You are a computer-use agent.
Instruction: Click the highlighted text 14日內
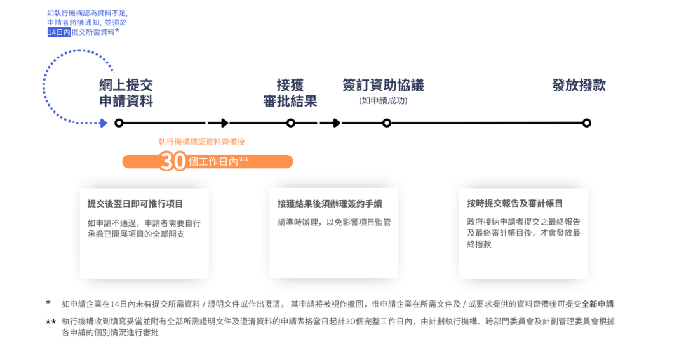58,32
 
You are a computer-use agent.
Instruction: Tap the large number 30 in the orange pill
173,161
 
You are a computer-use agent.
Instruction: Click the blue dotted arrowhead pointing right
104,123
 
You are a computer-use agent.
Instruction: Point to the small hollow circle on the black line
119,123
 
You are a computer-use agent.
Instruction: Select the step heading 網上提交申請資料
126,93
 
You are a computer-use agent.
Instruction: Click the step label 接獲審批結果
290,93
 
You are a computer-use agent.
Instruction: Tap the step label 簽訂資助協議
383,85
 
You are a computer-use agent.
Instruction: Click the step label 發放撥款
579,85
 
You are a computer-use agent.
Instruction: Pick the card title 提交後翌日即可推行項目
135,204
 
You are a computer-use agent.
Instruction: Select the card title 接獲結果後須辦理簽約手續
330,204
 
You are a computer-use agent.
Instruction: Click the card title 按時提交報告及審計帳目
514,204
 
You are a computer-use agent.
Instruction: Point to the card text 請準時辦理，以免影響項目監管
334,223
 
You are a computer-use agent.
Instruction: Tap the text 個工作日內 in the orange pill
213,162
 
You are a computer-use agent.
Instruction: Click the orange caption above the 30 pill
201,142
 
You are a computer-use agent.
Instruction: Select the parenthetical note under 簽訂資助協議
383,100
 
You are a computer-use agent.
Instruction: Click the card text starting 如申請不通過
144,229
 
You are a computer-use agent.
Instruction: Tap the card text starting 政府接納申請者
523,232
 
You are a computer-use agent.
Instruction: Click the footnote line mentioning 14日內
337,303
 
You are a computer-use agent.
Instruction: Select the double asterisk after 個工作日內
244,160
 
